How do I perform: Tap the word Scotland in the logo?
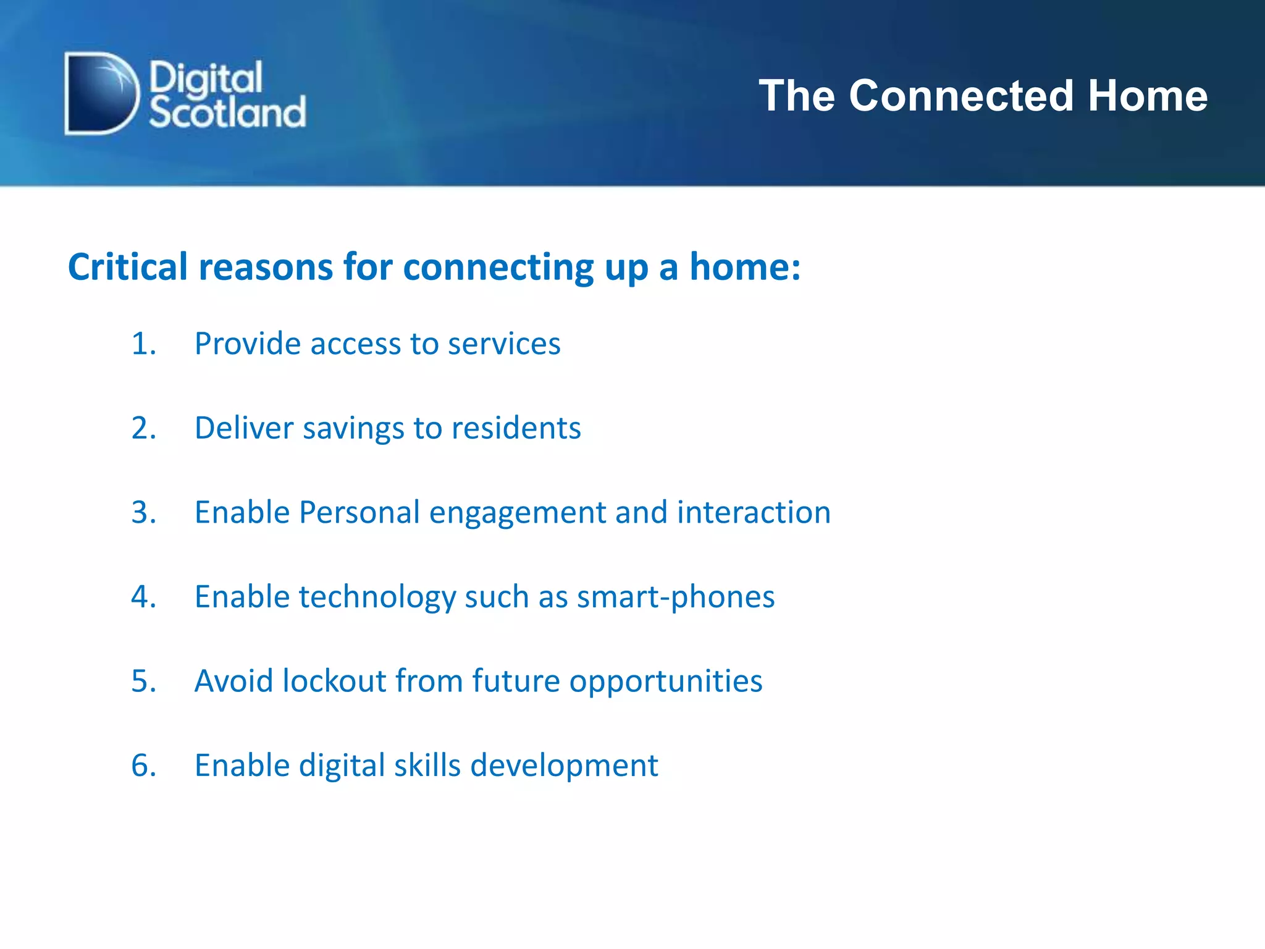click(227, 112)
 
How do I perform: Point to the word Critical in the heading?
click(127, 267)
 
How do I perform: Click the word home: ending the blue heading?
click(745, 267)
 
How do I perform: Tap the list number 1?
click(143, 344)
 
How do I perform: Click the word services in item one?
click(504, 344)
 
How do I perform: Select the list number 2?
click(143, 428)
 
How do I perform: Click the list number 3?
click(143, 512)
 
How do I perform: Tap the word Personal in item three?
click(359, 512)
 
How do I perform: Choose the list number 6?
click(143, 766)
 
